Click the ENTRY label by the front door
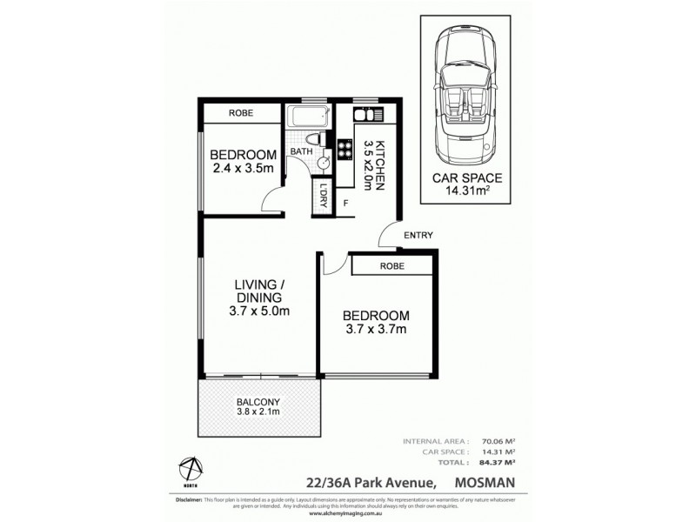tap(417, 235)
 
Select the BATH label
tap(301, 152)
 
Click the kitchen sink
tap(364, 116)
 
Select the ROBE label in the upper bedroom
tap(241, 113)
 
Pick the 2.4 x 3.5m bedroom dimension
tap(242, 170)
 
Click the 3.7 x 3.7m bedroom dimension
tap(375, 330)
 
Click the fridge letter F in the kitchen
tap(346, 204)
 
